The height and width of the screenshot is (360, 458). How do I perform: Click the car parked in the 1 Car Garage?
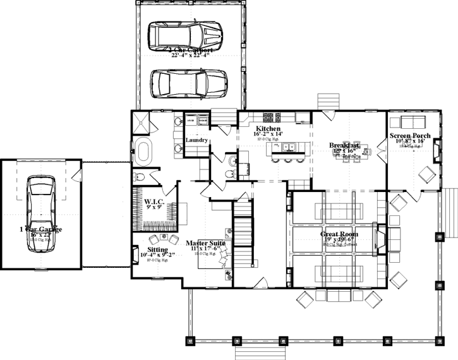[40, 208]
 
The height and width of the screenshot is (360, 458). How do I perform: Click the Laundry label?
[196, 140]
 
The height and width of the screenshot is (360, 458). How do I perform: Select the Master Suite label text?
[206, 242]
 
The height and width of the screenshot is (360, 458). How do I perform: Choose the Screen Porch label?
[411, 135]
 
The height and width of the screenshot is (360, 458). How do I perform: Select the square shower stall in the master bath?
[142, 121]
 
